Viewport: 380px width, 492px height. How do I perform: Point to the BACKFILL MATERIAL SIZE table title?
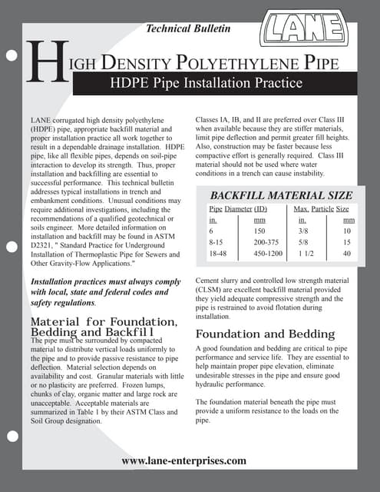click(282, 194)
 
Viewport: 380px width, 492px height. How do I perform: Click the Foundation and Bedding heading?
click(265, 334)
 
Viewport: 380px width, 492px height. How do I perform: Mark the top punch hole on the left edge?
click(11, 55)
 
